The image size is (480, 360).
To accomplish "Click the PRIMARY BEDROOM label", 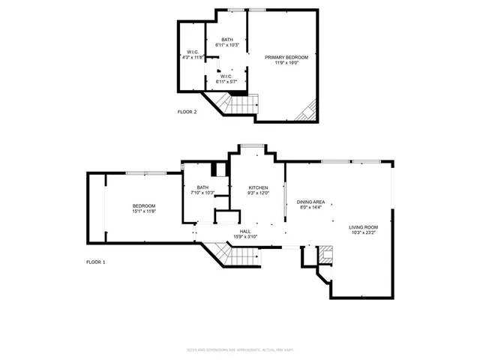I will coord(285,56).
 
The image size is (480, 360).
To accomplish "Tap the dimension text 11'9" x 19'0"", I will coord(285,63).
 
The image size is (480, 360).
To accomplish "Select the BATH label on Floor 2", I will coord(226,41).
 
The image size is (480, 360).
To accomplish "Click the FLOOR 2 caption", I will coord(187,112).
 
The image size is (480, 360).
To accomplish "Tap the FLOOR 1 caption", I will coord(96,262).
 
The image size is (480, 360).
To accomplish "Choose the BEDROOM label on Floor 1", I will coord(144,205).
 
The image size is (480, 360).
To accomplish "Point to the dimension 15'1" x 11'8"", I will coord(144,211).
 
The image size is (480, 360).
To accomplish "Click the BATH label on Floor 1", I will coord(202,187).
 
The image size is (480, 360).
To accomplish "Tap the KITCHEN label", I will coord(258,187).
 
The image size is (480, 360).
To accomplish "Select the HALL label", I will coord(244,231).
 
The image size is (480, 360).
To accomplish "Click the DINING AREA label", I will coord(310,201).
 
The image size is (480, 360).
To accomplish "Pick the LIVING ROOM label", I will coord(363,226).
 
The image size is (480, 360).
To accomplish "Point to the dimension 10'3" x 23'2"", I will coord(363,233).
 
